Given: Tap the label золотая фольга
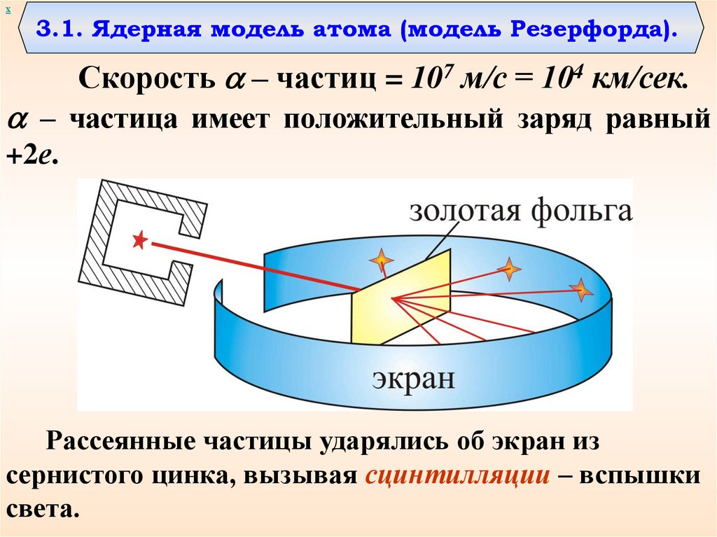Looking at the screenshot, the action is (520, 210).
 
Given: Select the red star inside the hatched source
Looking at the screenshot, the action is (139, 241).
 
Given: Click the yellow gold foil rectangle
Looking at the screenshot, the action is (399, 298).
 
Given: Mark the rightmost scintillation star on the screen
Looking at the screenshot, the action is (580, 289).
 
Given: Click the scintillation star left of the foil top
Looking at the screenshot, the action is (381, 260).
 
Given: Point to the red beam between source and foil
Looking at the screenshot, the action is (252, 265).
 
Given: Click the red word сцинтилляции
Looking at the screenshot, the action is (456, 477).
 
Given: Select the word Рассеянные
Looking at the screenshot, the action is (120, 442).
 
